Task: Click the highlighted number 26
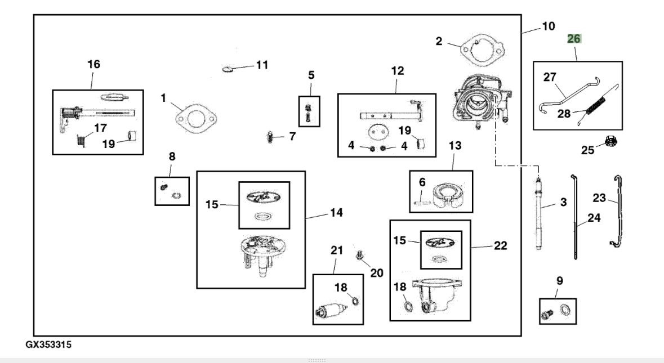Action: tap(574, 39)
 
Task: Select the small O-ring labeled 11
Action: tap(228, 70)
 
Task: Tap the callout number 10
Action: tap(547, 26)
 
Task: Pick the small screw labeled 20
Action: tap(359, 257)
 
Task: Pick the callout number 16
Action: tap(93, 64)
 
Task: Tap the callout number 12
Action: tap(397, 71)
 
